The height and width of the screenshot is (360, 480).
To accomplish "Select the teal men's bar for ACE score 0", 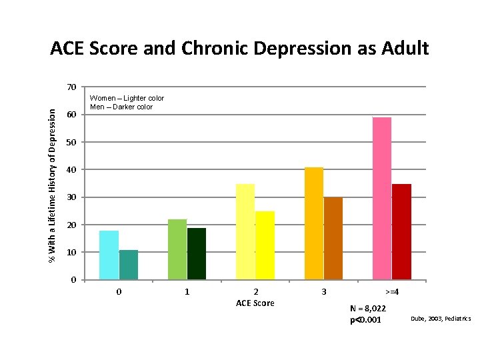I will pyautogui.click(x=128, y=265).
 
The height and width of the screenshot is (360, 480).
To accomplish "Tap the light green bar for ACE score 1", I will pyautogui.click(x=177, y=249).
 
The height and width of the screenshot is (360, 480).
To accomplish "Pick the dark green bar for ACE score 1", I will pyautogui.click(x=197, y=253).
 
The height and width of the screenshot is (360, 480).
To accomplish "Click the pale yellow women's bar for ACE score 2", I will pyautogui.click(x=245, y=231).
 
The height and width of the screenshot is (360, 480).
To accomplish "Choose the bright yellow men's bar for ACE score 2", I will pyautogui.click(x=265, y=245).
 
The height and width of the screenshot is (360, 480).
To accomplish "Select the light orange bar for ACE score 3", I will pyautogui.click(x=314, y=223).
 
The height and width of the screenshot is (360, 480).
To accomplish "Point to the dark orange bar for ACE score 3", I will pyautogui.click(x=333, y=238).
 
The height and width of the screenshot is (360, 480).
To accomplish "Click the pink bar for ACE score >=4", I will pyautogui.click(x=382, y=198).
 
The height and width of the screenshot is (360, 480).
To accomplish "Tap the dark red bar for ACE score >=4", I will pyautogui.click(x=401, y=231).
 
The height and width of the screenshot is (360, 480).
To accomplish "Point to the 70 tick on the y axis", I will pyautogui.click(x=71, y=87).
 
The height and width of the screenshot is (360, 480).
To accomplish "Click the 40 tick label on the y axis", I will pyautogui.click(x=71, y=170).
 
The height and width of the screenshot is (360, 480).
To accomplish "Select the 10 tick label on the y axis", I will pyautogui.click(x=71, y=253).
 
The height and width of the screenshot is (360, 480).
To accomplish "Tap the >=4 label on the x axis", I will pyautogui.click(x=392, y=292).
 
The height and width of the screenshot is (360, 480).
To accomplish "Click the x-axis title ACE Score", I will pyautogui.click(x=255, y=303).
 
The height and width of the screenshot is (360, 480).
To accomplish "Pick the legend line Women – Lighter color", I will pyautogui.click(x=127, y=98).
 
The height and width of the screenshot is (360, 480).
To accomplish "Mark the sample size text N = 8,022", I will pyautogui.click(x=367, y=309).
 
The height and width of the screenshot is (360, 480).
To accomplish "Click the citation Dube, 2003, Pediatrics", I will pyautogui.click(x=441, y=319).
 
